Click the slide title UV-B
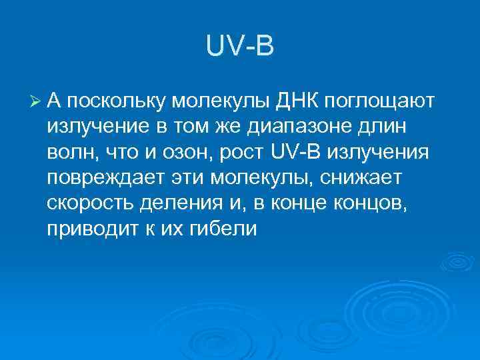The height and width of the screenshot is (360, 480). coord(240,47)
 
